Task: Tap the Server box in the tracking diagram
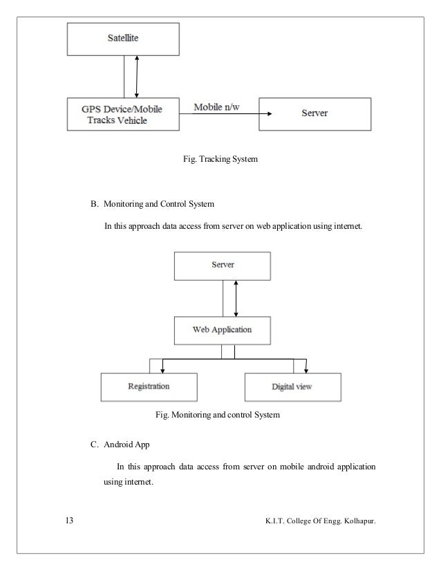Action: (314, 113)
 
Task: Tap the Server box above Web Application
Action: (222, 265)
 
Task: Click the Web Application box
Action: (222, 330)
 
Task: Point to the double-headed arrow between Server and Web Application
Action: (236, 298)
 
